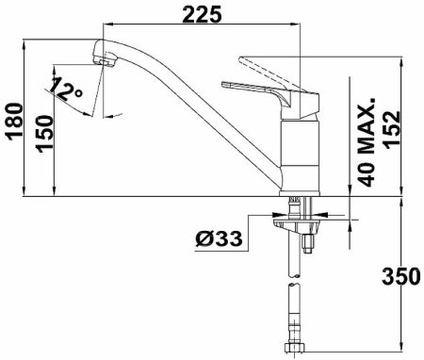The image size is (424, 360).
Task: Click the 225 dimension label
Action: (202, 15)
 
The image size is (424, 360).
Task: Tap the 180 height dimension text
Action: (15, 122)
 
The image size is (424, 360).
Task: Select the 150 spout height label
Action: (44, 134)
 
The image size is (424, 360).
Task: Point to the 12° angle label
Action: (66, 89)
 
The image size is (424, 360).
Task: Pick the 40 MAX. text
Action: (367, 142)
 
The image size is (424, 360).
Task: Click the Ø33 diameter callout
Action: (219, 239)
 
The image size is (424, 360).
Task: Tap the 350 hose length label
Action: (401, 276)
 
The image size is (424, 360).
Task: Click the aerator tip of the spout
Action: (106, 60)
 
